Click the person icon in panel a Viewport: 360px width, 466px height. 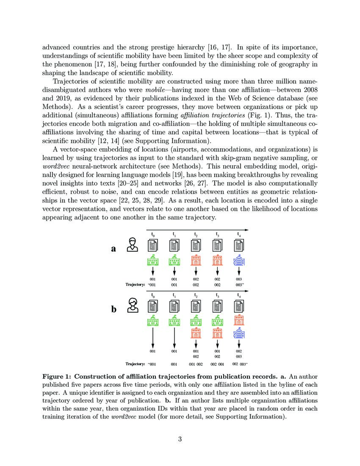[x=133, y=245]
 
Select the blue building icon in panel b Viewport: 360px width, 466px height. [x=239, y=333]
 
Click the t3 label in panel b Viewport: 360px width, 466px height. [x=218, y=295]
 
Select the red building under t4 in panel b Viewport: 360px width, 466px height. [x=239, y=320]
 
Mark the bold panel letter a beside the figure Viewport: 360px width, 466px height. [x=113, y=249]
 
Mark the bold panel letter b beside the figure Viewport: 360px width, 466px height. [x=114, y=310]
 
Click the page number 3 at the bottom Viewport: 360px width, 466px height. [x=180, y=439]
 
